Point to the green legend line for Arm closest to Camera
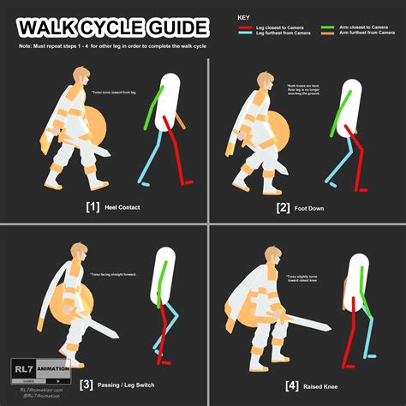[326, 27]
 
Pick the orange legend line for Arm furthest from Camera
[326, 34]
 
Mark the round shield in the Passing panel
[63, 312]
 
